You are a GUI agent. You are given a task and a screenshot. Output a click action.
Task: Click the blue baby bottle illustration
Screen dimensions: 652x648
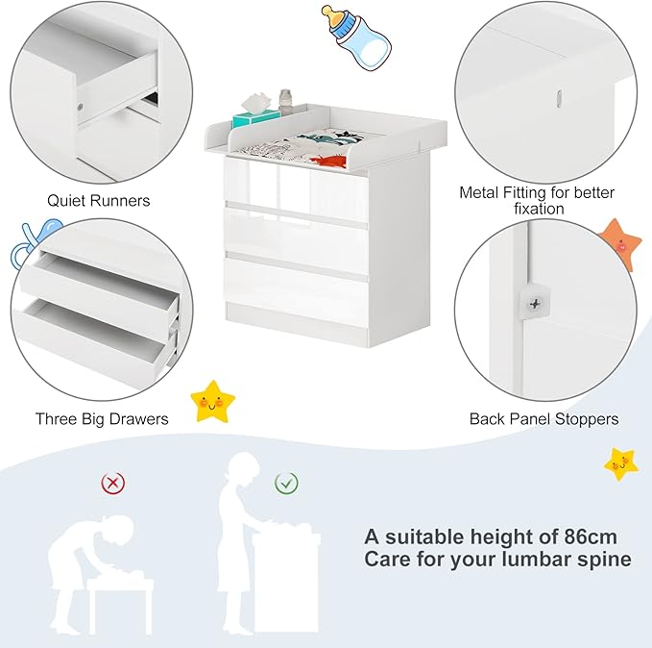(356, 37)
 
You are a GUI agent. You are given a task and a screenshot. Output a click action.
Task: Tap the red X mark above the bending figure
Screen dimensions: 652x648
(112, 483)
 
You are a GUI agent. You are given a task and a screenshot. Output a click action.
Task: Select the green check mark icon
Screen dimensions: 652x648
(286, 483)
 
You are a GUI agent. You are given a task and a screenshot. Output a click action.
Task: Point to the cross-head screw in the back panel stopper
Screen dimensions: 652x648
(535, 304)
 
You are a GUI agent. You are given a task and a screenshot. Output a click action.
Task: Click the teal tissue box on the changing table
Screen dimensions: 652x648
(256, 118)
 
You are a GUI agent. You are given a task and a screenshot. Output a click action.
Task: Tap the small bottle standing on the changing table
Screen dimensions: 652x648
(285, 101)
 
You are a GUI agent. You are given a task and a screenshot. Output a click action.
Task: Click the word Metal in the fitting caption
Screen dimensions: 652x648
(479, 193)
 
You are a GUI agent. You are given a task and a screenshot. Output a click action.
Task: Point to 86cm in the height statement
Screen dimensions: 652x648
(591, 536)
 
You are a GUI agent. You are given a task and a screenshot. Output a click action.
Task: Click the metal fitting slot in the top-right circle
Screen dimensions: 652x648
(559, 98)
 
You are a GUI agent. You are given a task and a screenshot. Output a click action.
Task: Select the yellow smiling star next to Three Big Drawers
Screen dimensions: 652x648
(212, 401)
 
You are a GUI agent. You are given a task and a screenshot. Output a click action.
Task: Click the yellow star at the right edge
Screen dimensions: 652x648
(621, 464)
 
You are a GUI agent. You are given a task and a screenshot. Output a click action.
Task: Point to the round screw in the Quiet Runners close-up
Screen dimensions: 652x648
(81, 107)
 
